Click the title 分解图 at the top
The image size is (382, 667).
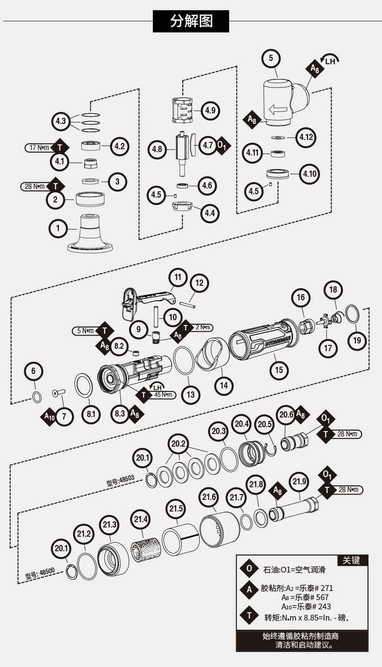coord(191,21)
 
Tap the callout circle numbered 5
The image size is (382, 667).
coord(271,58)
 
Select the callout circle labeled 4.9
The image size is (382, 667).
coord(210,110)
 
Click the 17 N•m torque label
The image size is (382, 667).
coord(40,147)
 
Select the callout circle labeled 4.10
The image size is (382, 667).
coord(309,173)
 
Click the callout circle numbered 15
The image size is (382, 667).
coord(279,370)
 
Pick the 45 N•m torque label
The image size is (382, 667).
coord(163,395)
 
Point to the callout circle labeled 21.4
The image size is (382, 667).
coord(141,520)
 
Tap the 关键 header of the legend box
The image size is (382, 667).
coord(351,560)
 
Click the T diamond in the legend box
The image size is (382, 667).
coord(250,616)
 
